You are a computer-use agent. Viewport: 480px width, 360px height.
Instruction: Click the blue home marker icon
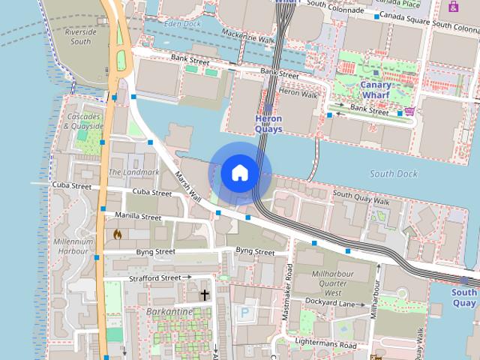(240, 172)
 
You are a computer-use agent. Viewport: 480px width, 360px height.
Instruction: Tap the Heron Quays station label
(268, 124)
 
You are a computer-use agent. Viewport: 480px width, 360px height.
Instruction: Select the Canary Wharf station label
(376, 90)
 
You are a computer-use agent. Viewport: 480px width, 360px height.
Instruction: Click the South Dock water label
(393, 173)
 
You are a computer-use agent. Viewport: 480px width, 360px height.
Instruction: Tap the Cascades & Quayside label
(83, 121)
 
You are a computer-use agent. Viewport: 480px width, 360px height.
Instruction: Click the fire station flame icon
(116, 234)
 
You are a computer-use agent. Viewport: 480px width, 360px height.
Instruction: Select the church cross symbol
(204, 295)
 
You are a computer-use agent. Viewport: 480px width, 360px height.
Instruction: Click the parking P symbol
(244, 311)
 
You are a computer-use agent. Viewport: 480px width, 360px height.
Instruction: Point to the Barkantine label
(169, 311)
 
